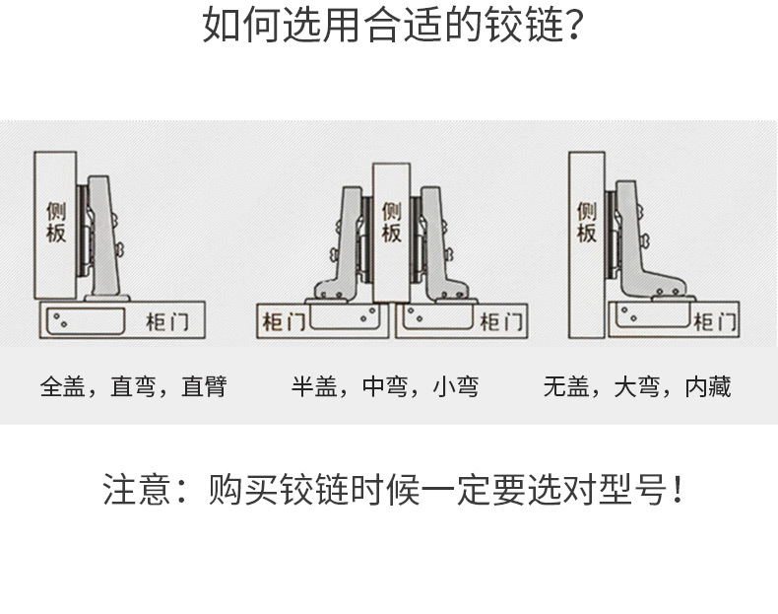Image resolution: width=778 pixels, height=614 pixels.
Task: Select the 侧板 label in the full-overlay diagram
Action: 55,223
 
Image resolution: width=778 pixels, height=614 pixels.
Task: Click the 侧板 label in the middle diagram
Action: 391,223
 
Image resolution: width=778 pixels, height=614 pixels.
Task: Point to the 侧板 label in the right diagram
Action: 587,223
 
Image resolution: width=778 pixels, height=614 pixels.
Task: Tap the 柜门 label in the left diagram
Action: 162,321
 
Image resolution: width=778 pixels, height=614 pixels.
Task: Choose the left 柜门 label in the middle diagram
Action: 282,321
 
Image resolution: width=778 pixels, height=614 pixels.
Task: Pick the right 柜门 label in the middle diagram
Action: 501,321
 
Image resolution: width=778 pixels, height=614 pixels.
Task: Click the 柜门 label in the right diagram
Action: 713,321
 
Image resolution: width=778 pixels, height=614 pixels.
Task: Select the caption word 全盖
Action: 64,386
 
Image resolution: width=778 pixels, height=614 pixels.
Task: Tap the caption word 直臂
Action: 204,386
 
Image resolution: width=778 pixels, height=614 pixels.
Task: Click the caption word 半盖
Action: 314,386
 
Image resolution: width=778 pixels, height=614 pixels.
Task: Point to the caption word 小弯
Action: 456,386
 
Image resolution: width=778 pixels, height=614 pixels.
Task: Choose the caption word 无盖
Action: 566,386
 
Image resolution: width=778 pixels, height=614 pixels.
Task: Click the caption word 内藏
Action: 708,386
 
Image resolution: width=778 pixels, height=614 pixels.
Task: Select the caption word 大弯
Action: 637,386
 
